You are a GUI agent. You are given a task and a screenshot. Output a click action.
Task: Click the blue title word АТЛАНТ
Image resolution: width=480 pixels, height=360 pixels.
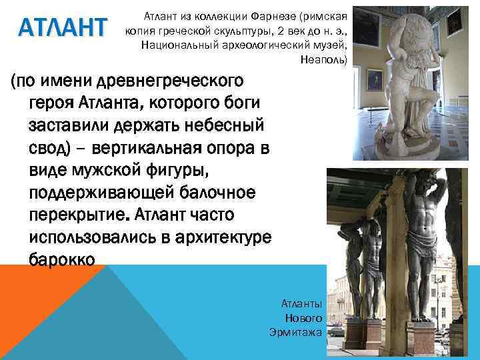click(63, 28)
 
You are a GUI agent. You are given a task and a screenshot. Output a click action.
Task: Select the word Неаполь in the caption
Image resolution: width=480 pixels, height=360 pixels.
click(323, 59)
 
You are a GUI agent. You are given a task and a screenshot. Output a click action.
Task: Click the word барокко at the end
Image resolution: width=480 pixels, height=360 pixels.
click(66, 257)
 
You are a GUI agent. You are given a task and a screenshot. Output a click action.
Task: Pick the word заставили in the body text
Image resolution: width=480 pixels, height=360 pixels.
click(75, 124)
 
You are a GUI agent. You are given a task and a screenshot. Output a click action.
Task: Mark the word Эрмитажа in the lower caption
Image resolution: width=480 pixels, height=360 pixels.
click(296, 331)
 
